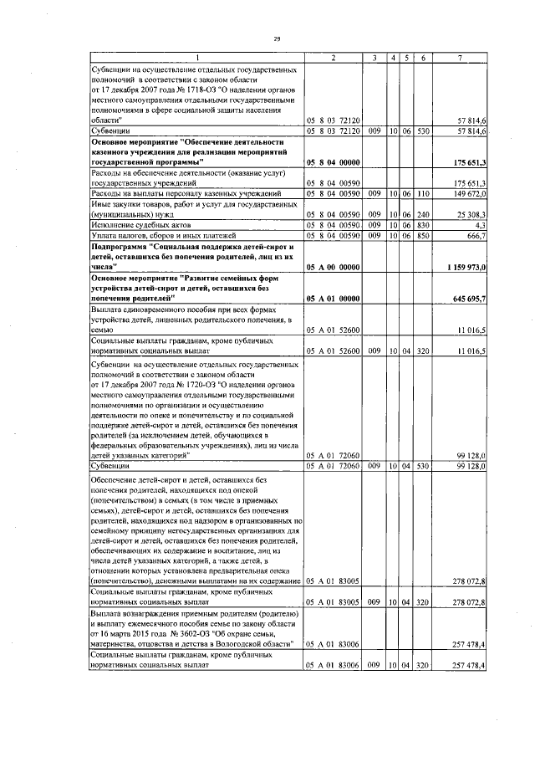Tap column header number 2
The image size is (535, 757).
[x=333, y=57]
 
